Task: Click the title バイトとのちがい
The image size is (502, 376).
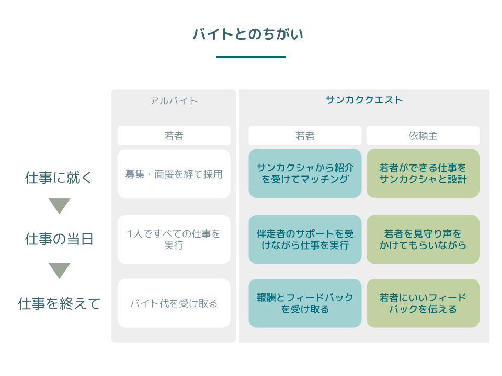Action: coord(248,34)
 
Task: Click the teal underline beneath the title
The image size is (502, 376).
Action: coord(250,57)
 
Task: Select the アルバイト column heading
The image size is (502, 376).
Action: coord(174,101)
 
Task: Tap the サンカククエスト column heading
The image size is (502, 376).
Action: coord(364,100)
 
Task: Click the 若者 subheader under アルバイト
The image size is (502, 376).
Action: coord(174,136)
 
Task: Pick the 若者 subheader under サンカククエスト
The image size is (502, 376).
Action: coord(305,136)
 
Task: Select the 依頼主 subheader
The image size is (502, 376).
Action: coord(423,136)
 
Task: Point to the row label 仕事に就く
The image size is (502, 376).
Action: coord(59,178)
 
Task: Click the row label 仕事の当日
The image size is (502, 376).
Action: coord(59,239)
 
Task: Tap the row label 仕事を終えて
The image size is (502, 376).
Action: coord(59,303)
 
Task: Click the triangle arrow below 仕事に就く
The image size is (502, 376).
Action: coord(59,206)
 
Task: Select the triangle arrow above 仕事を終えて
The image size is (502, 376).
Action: coord(59,270)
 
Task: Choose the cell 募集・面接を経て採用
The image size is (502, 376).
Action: coord(174,174)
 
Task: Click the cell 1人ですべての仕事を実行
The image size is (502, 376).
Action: coord(174,239)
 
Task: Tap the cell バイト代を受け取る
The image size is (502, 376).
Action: coord(174,303)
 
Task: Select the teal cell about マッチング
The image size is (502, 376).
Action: coord(305,173)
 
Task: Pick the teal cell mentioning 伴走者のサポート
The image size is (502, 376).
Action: coord(305,239)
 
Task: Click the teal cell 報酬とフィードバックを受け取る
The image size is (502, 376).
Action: coord(305,303)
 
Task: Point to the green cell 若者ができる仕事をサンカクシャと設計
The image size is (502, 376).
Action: coord(423,173)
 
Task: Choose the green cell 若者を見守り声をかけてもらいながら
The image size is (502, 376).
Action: coord(423,239)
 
